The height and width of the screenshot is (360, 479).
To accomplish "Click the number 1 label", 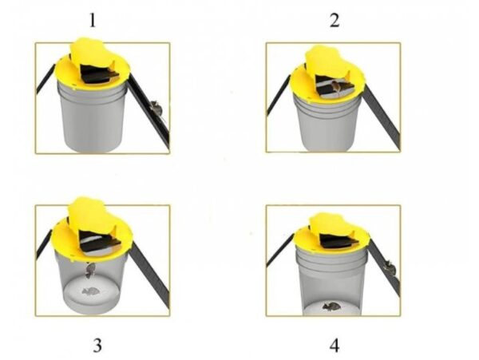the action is point(93,21).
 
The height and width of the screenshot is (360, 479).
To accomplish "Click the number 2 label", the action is point(335,21).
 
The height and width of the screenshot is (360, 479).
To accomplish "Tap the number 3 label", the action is point(97,346).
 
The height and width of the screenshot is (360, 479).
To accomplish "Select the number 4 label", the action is point(335,346).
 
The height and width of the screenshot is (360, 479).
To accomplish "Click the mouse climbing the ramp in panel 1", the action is point(157,109).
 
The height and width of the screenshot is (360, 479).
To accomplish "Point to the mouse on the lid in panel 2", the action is point(336,87).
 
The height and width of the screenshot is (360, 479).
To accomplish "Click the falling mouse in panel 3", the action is point(89,271).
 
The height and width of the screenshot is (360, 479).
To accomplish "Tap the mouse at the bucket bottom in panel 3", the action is point(90,291).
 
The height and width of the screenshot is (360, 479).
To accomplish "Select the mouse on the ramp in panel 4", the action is point(390,267).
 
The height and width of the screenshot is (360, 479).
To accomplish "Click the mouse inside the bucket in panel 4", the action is point(331,306).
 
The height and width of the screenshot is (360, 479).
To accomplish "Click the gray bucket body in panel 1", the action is point(93,121).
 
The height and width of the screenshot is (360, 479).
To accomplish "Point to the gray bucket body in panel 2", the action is point(327,124).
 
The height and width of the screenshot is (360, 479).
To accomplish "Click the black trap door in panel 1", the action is point(97,74).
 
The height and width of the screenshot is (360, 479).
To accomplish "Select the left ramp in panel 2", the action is point(279,95).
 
